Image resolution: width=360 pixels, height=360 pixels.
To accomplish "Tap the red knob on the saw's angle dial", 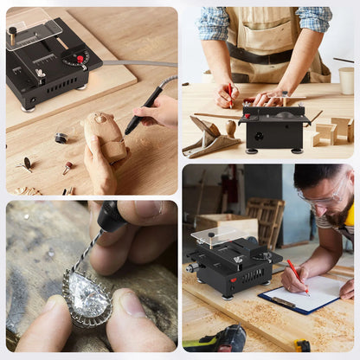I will [80, 59].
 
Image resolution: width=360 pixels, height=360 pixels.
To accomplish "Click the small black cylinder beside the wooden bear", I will [61, 137].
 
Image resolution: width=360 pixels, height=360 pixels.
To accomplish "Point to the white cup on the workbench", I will [346, 80].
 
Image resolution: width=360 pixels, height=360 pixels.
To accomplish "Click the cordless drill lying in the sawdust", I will [222, 340].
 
